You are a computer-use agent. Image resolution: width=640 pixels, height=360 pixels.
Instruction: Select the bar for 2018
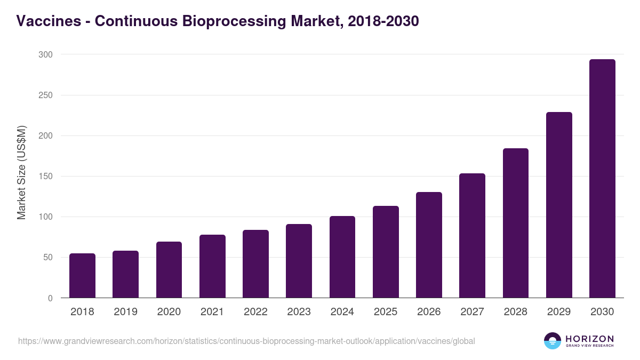pyautogui.click(x=82, y=276)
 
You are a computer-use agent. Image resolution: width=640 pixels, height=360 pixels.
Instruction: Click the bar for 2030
pyautogui.click(x=602, y=179)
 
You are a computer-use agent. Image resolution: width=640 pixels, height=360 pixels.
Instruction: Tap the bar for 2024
pyautogui.click(x=342, y=257)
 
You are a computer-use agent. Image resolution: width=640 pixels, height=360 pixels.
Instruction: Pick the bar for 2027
pyautogui.click(x=472, y=236)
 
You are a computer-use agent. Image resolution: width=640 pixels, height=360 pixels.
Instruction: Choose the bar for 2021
pyautogui.click(x=212, y=266)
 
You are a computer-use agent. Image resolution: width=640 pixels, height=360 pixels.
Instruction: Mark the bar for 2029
pyautogui.click(x=559, y=205)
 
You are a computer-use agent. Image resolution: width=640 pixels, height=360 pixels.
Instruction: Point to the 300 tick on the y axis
pyautogui.click(x=45, y=54)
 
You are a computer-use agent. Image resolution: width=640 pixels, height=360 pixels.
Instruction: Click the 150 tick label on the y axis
pyautogui.click(x=45, y=177)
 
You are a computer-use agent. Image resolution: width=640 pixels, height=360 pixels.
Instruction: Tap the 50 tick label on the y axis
pyautogui.click(x=47, y=258)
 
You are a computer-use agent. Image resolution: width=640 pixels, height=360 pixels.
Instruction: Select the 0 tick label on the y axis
pyautogui.click(x=50, y=298)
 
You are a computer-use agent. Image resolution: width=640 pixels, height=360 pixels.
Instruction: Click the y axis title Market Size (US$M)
pyautogui.click(x=22, y=172)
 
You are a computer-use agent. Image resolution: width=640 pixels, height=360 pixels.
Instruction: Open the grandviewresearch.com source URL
pyautogui.click(x=246, y=341)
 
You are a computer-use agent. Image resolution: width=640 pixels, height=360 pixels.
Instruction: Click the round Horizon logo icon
pyautogui.click(x=553, y=341)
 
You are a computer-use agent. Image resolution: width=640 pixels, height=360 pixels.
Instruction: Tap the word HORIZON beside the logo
pyautogui.click(x=589, y=338)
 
